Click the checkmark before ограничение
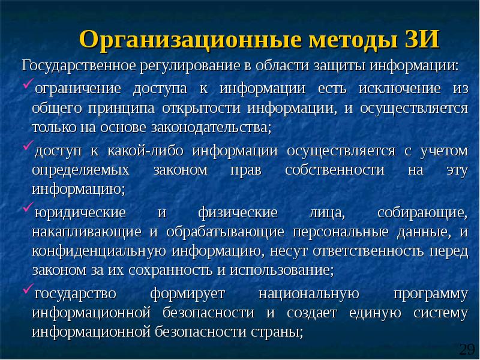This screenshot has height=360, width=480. [x=28, y=88]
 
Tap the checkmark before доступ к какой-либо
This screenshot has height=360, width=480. [x=28, y=147]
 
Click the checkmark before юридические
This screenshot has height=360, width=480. [x=28, y=210]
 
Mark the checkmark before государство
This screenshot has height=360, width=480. [x=28, y=291]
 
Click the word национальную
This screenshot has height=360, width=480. [x=308, y=293]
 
